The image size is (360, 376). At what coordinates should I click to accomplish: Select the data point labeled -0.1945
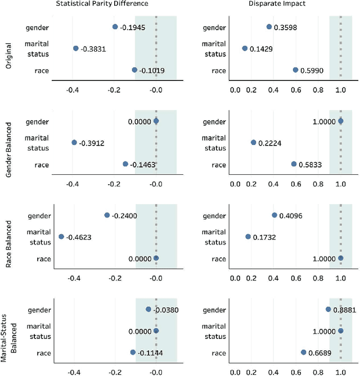115,26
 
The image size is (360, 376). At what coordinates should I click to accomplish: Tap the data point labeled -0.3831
76,48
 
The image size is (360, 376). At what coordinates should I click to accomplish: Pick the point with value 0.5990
295,70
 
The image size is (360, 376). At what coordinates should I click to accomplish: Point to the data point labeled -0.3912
74,143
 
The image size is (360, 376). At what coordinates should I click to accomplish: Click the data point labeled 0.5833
294,164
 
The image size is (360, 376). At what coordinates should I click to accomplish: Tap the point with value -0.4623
61,237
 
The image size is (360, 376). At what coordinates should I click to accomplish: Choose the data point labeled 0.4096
274,215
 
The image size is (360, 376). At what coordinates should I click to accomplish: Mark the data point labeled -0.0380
148,309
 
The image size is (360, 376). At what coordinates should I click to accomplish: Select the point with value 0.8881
328,309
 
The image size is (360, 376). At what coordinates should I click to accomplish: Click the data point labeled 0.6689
303,352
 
